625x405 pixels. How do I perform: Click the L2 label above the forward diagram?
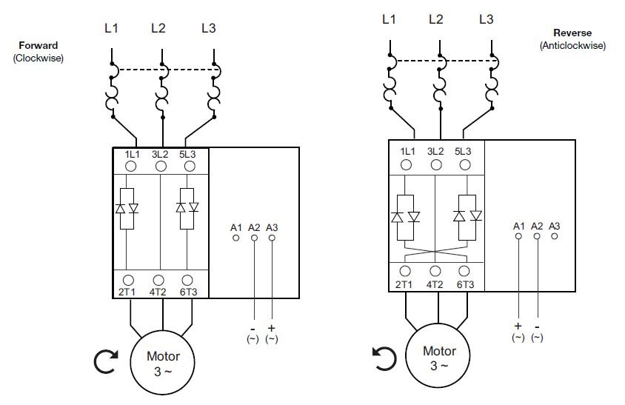tap(158, 29)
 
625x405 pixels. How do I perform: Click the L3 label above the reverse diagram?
tap(486, 19)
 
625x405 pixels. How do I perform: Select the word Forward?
tap(39, 46)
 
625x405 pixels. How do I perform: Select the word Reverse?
tap(572, 33)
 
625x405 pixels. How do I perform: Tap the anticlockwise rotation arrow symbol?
tap(384, 359)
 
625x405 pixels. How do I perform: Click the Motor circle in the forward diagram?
tap(163, 361)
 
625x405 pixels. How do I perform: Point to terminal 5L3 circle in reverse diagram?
tap(465, 164)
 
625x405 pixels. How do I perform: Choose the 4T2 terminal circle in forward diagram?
tap(158, 280)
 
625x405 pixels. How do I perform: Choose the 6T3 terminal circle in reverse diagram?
tap(465, 272)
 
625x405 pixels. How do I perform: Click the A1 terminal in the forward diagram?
tap(236, 238)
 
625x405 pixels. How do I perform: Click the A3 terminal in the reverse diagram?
tap(555, 235)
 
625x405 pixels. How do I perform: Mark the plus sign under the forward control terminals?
tap(272, 327)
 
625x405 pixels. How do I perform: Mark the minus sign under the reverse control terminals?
tap(537, 326)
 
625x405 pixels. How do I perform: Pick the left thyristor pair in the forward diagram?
tap(127, 208)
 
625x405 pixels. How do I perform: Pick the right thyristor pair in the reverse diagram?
tap(468, 215)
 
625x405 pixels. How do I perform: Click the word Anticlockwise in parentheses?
tap(572, 45)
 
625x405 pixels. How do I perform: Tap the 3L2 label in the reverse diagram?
tap(435, 151)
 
